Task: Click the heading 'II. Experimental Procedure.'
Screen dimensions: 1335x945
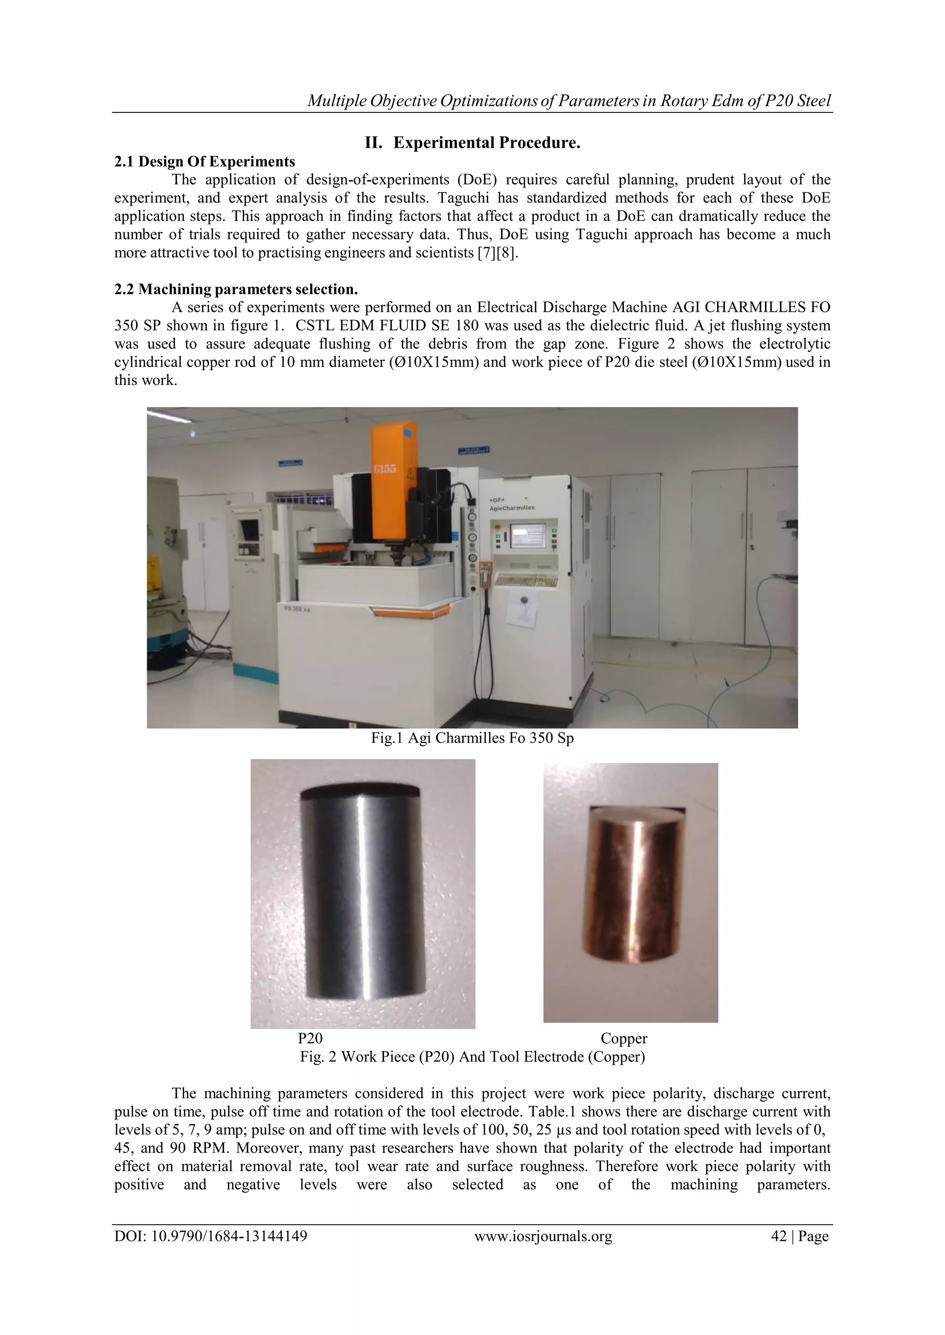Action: (472, 142)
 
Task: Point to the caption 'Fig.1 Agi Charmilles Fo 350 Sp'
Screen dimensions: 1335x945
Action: (472, 738)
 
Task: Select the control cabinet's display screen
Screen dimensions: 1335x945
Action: (527, 535)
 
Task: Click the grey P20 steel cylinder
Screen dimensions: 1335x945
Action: (363, 896)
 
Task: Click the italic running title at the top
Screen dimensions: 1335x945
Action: (568, 101)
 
